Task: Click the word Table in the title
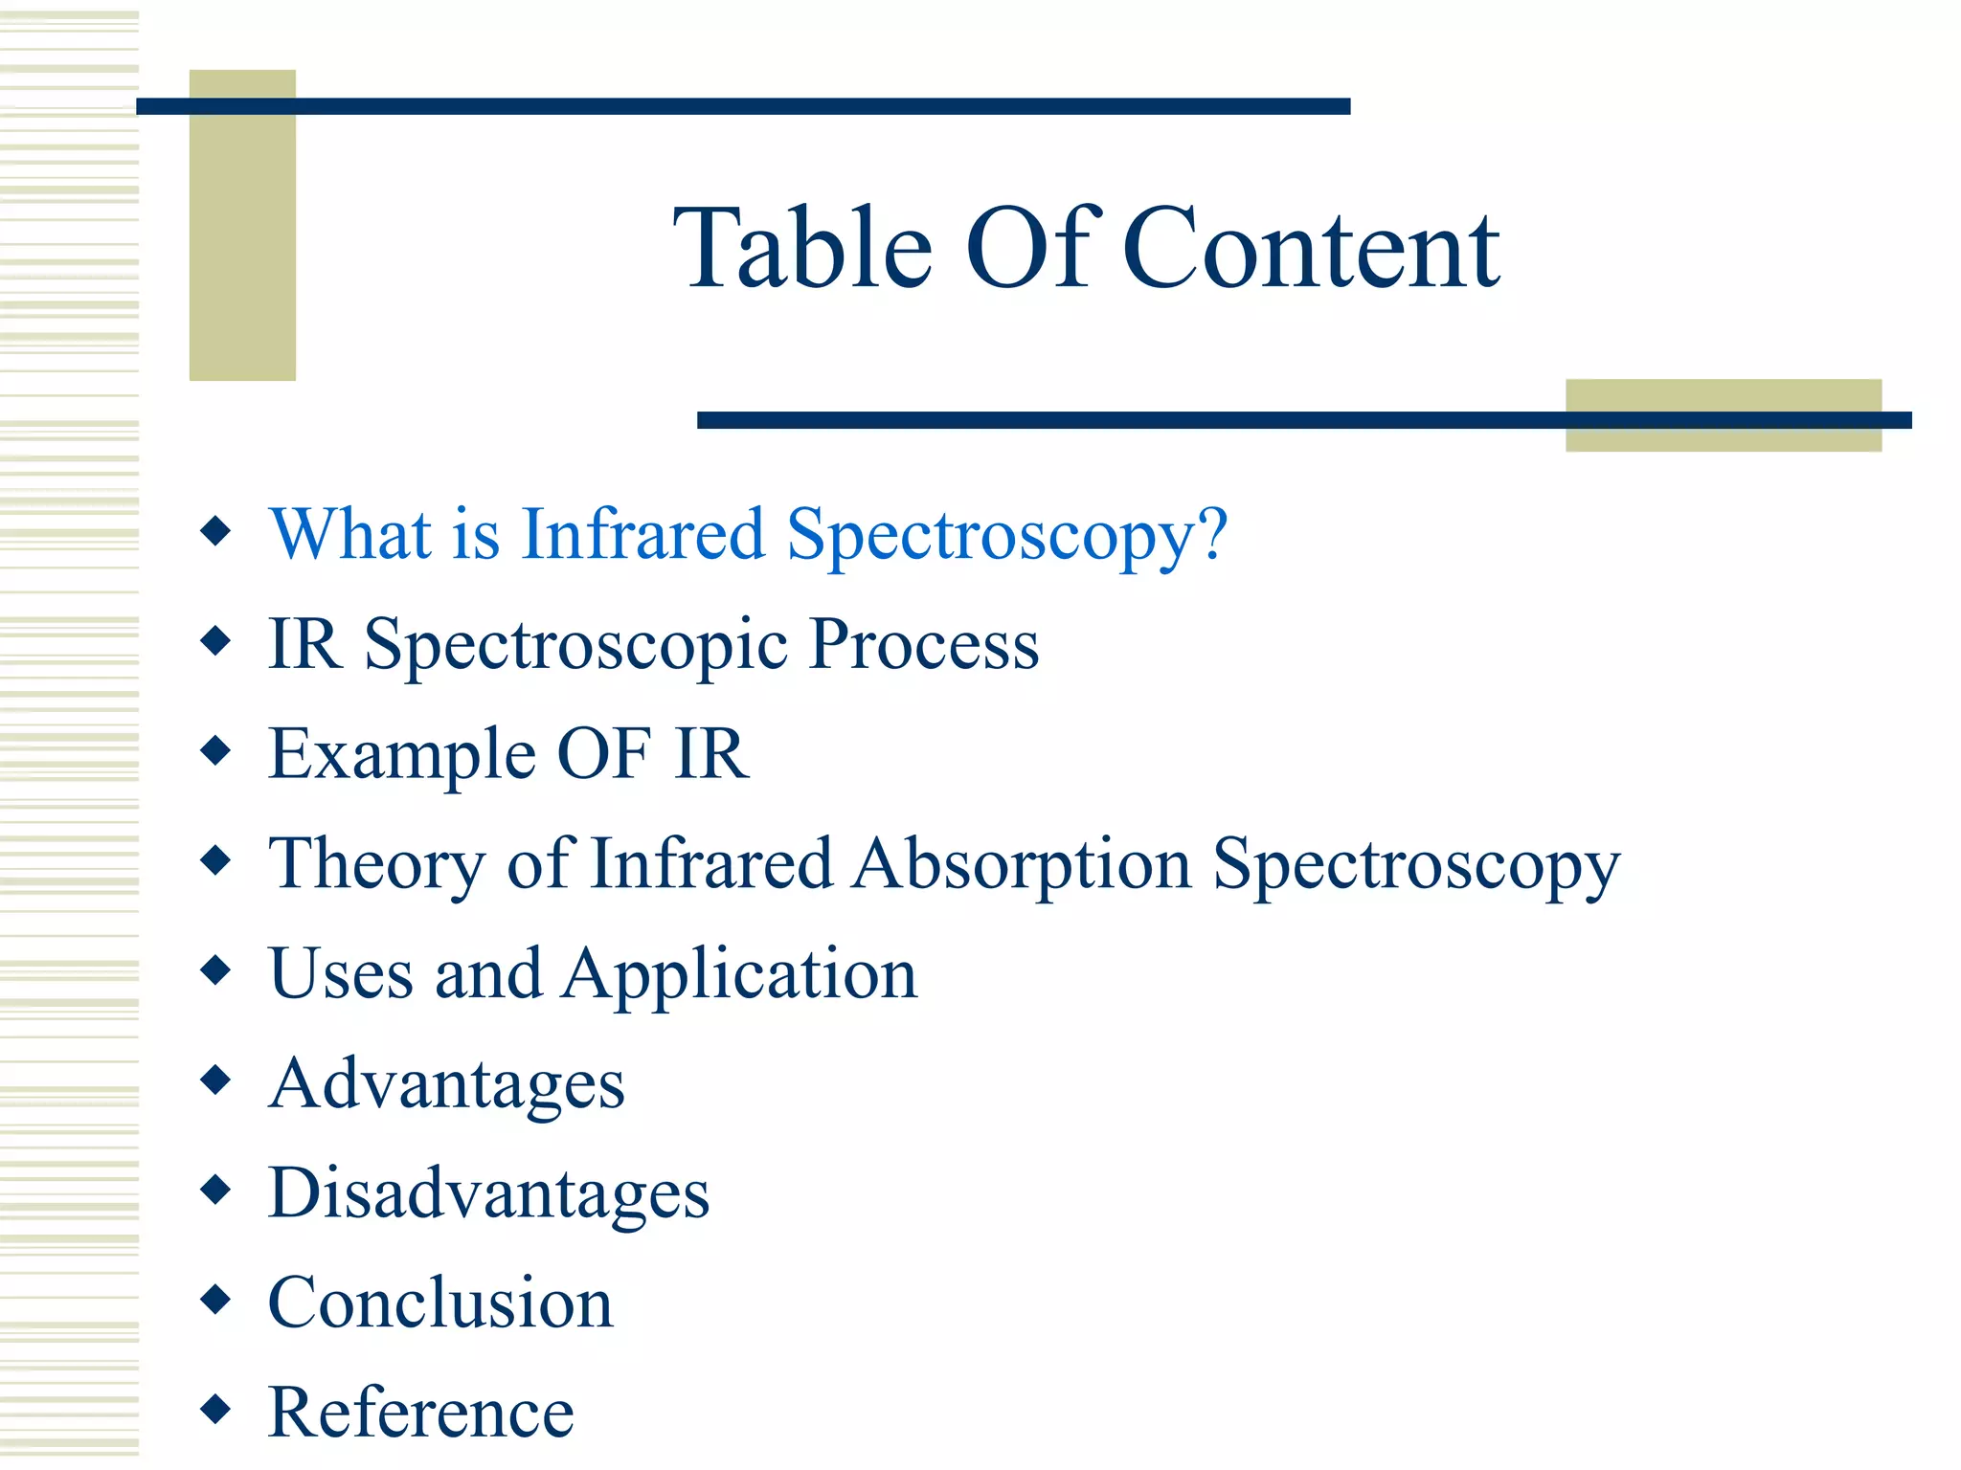[802, 249]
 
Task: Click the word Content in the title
[1310, 249]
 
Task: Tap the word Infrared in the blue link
[642, 534]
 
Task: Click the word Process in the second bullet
[924, 644]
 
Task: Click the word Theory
[376, 865]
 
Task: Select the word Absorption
[1022, 864]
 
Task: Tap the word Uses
[341, 974]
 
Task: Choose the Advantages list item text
[446, 1085]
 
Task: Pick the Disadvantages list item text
[488, 1194]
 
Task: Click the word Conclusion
[440, 1303]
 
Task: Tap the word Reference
[421, 1413]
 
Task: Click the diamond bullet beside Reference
[216, 1408]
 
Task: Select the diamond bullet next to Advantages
[216, 1080]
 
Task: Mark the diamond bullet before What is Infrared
[216, 530]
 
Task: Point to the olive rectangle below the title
[1723, 436]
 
